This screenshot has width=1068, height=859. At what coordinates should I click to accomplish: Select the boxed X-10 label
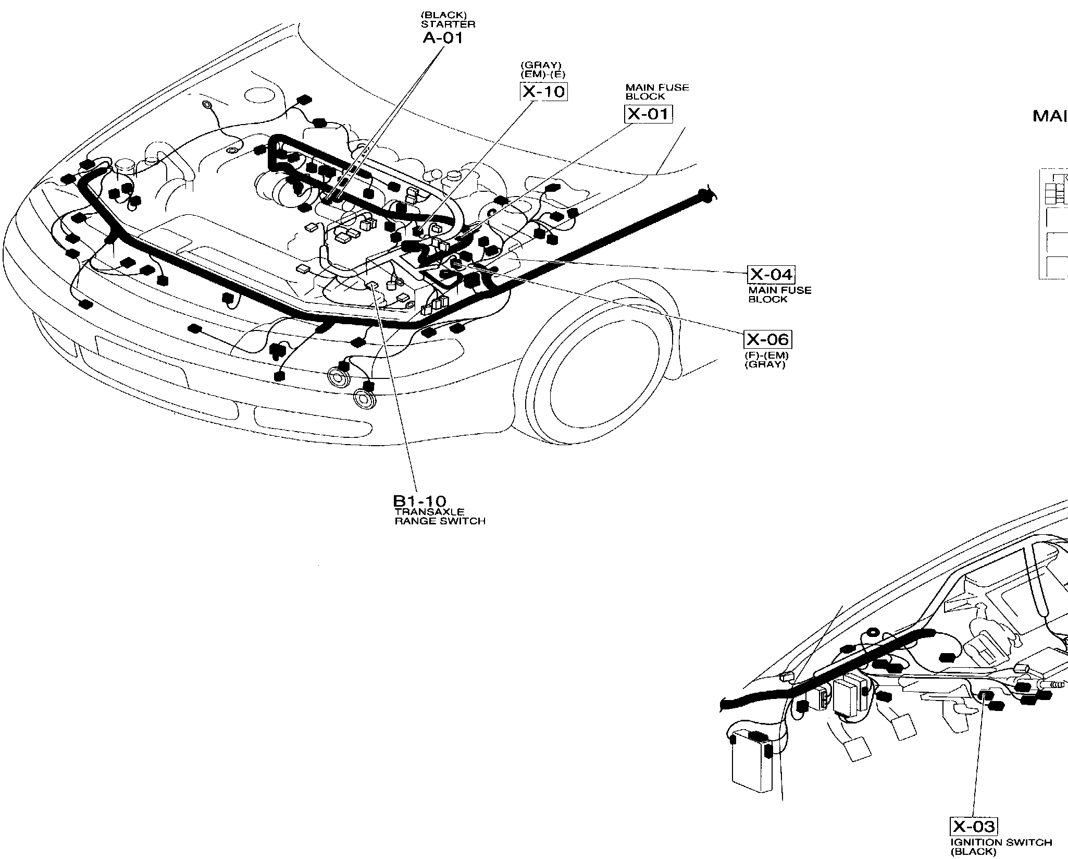click(543, 92)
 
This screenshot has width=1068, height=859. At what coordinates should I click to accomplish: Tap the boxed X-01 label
click(648, 114)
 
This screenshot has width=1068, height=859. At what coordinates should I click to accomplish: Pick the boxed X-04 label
click(771, 274)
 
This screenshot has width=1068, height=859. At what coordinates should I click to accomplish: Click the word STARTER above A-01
click(448, 24)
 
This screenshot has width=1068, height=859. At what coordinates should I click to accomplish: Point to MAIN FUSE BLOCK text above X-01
click(657, 92)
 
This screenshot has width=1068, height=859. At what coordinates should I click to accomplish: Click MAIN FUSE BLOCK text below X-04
click(779, 294)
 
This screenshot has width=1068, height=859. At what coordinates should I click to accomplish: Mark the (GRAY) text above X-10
click(541, 65)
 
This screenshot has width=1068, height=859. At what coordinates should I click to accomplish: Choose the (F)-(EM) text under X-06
click(766, 356)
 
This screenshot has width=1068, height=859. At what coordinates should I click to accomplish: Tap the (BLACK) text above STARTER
click(443, 16)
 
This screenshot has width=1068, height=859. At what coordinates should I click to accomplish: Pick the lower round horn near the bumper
click(363, 399)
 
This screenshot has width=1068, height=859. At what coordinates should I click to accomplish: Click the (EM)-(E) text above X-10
click(542, 74)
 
